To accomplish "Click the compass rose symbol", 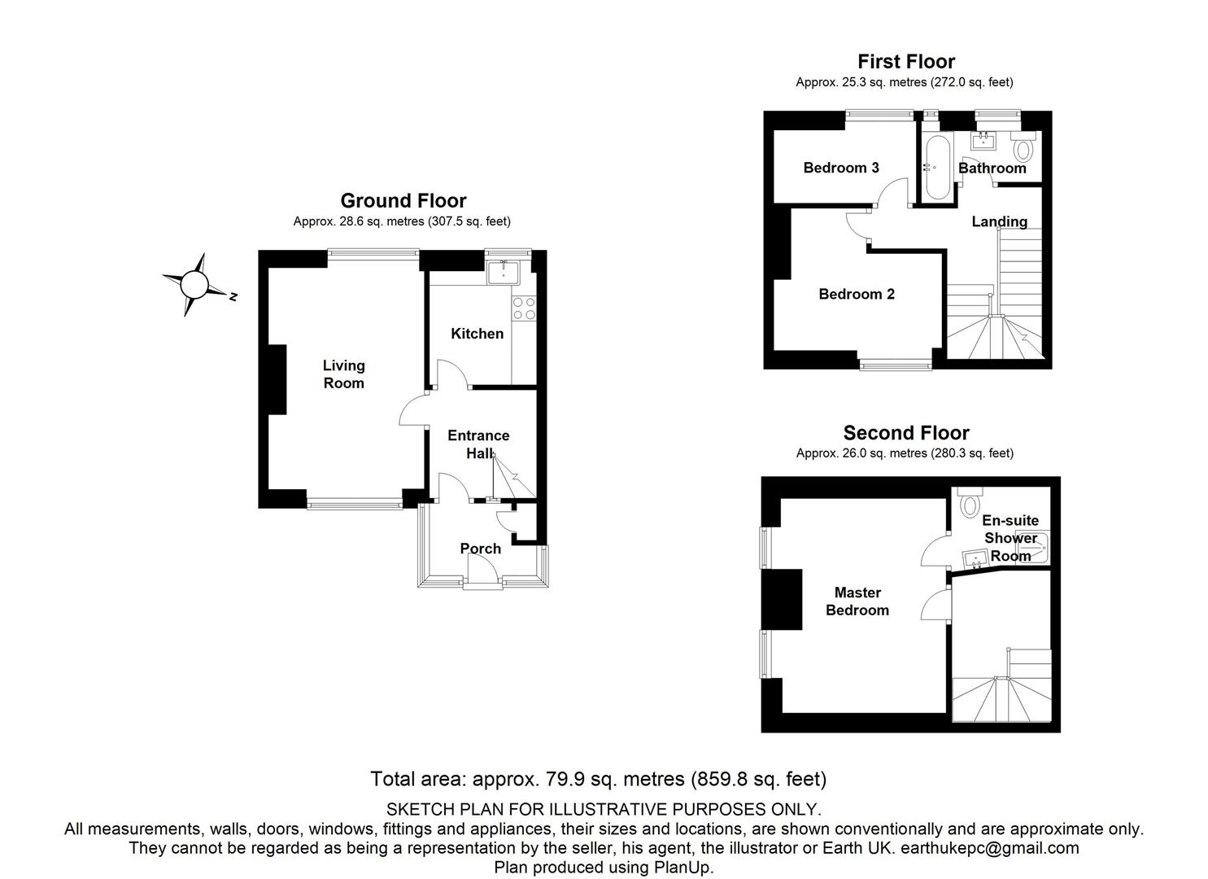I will coord(194,284).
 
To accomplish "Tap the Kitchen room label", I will coord(478,334).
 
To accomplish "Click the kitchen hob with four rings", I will coord(524,308).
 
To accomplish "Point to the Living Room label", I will coord(343,374).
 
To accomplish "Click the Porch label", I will coord(481,549).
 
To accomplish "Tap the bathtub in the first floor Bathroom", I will coord(933,167).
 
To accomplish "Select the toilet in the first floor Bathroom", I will coord(1023,149).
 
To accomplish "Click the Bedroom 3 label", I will coord(841,168).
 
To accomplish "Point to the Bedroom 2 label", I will coord(857,294).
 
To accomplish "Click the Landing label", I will coord(1000,221).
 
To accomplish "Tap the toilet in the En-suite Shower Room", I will coord(970,505).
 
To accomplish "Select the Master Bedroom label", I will coord(857,601).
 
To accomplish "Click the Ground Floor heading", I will coord(403,200).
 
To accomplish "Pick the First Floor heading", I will coord(906,61).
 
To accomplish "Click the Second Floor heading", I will coord(906,433).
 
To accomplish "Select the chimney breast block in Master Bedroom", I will coord(782,599).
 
